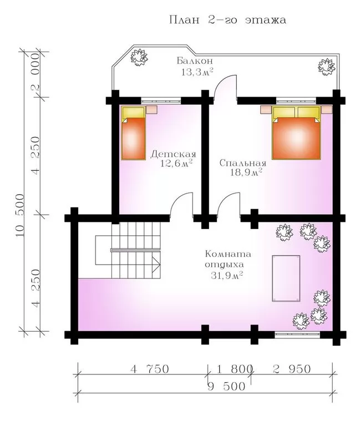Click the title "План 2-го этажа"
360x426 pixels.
click(x=227, y=21)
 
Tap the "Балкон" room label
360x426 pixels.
click(x=195, y=60)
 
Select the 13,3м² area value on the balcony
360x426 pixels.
click(x=197, y=72)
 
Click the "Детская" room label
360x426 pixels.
click(x=173, y=154)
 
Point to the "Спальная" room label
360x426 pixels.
click(x=242, y=163)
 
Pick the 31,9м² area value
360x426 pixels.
click(x=227, y=276)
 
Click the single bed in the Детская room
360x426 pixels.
click(x=133, y=133)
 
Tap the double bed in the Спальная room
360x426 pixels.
click(x=296, y=133)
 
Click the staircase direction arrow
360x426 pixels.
click(x=156, y=265)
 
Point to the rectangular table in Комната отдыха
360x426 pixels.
click(x=286, y=278)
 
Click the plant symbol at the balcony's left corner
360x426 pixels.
click(x=139, y=57)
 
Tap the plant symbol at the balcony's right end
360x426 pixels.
click(x=326, y=67)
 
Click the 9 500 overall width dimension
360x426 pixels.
click(x=226, y=386)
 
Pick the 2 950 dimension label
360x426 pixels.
click(x=291, y=369)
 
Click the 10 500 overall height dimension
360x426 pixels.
click(x=21, y=215)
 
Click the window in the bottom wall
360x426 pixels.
click(x=297, y=334)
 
